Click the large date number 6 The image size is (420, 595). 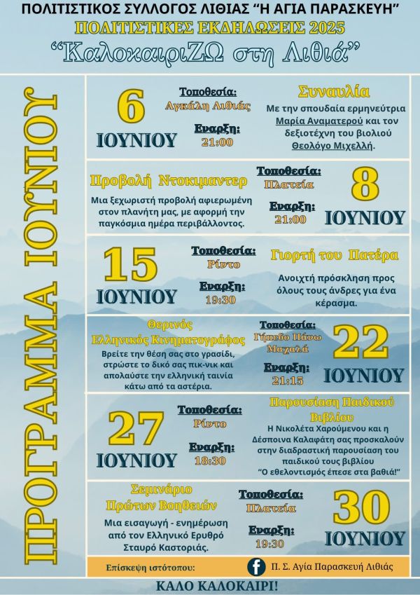[136, 110]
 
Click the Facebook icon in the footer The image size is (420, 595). [256, 566]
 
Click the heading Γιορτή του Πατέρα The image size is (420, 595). [335, 255]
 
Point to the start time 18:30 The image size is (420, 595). [210, 460]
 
